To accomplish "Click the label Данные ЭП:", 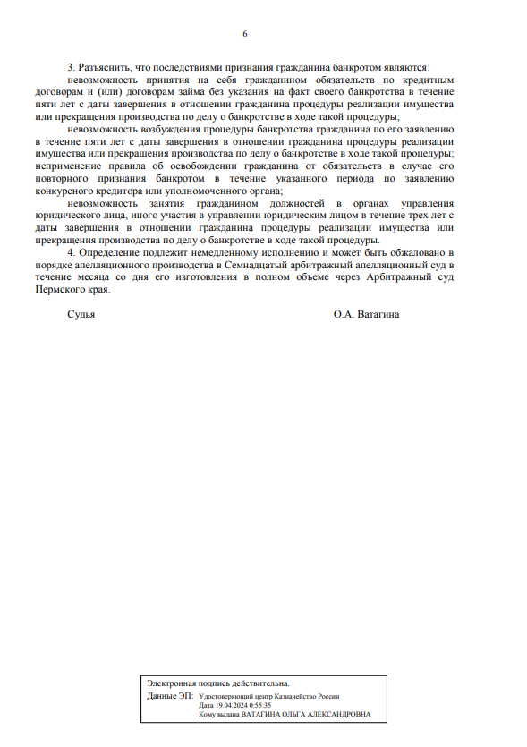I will point(167,695).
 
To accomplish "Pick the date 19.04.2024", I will point(229,705).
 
